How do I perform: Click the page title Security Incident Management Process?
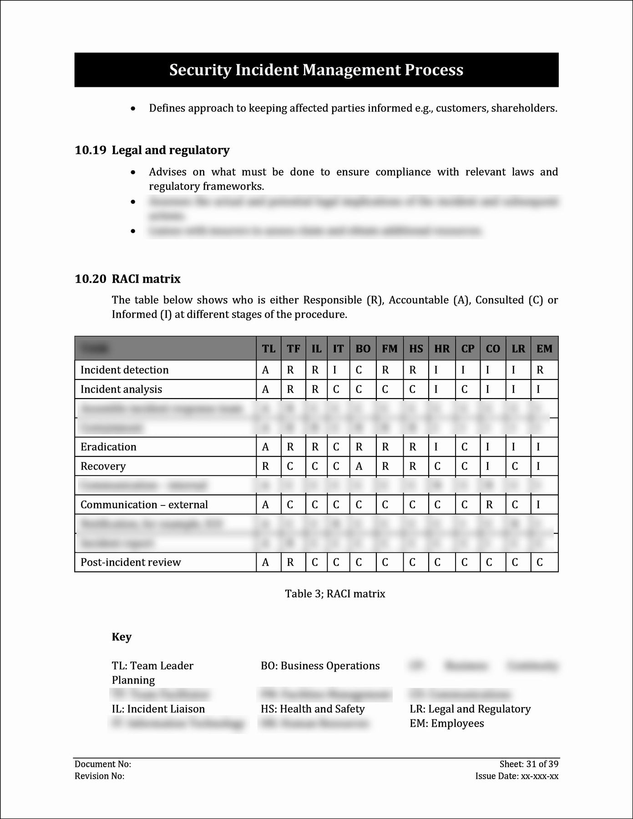pyautogui.click(x=316, y=70)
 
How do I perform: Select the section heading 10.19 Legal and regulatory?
pyautogui.click(x=152, y=150)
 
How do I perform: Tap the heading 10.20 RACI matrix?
pyautogui.click(x=127, y=279)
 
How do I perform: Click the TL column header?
pyautogui.click(x=268, y=349)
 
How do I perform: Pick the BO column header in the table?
pyautogui.click(x=363, y=349)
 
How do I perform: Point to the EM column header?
pyautogui.click(x=544, y=349)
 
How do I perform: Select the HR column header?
pyautogui.click(x=441, y=349)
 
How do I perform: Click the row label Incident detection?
pyautogui.click(x=124, y=370)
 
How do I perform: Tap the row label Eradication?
pyautogui.click(x=108, y=447)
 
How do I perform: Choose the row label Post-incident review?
pyautogui.click(x=131, y=562)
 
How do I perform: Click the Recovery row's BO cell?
pyautogui.click(x=359, y=466)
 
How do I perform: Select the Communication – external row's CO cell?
pyautogui.click(x=489, y=505)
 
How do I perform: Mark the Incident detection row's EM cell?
pyautogui.click(x=540, y=370)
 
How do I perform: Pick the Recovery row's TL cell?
pyautogui.click(x=266, y=466)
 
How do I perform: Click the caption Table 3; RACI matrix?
pyautogui.click(x=335, y=594)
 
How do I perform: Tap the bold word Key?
pyautogui.click(x=122, y=637)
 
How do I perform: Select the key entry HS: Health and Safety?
pyautogui.click(x=313, y=709)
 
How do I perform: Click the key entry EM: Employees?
pyautogui.click(x=446, y=723)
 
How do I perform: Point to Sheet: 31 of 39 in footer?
pyautogui.click(x=529, y=764)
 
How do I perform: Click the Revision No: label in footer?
pyautogui.click(x=99, y=776)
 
